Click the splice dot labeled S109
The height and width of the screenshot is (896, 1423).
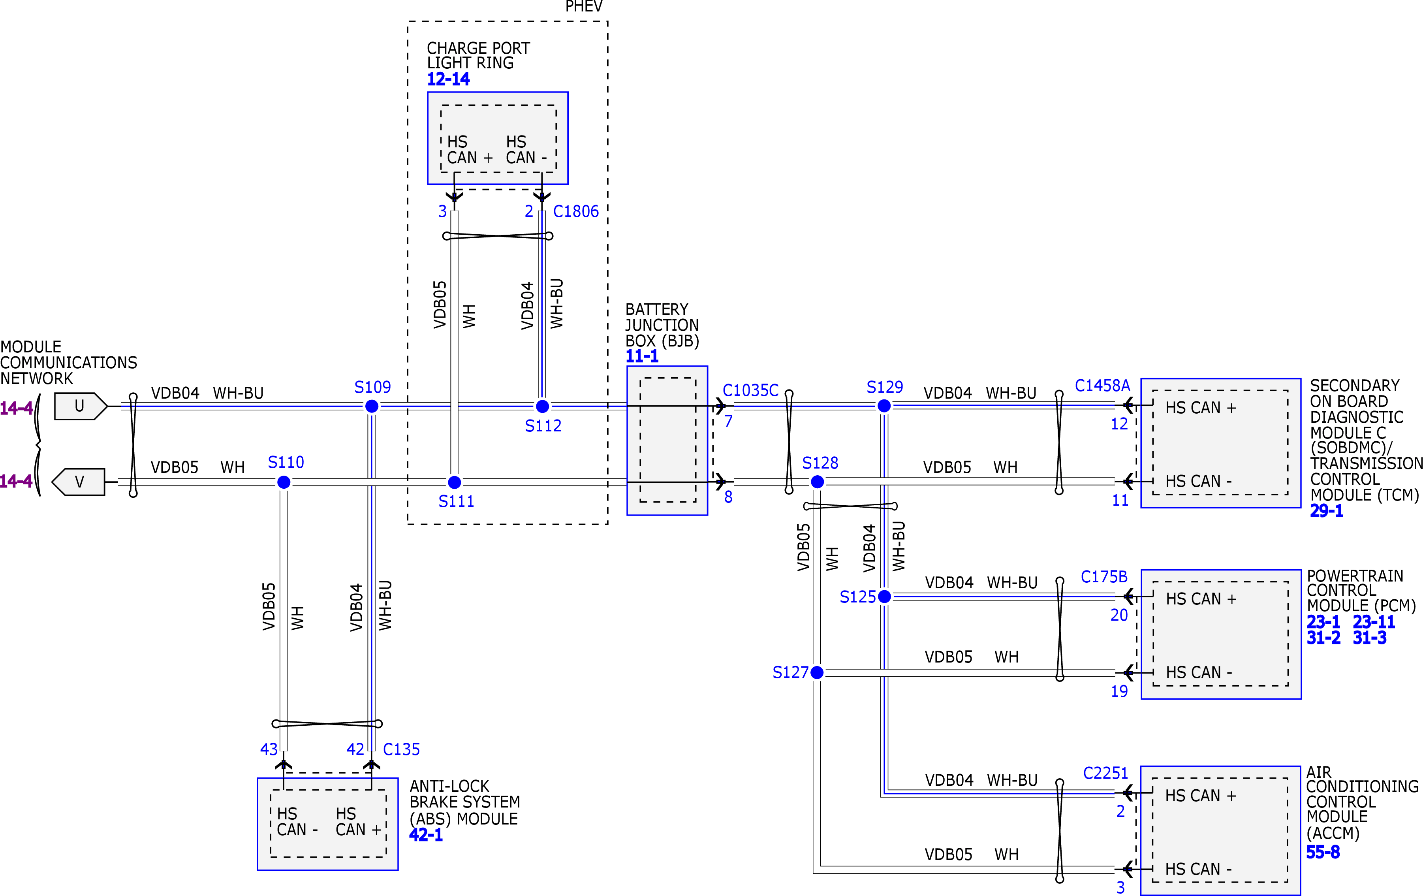(x=372, y=406)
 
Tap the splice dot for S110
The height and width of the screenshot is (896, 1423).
(x=284, y=482)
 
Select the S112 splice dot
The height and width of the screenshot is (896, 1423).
(x=542, y=406)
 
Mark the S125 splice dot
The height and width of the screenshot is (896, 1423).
(x=884, y=597)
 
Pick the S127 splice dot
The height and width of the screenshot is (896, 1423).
(x=817, y=672)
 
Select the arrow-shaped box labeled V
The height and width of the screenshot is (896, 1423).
(x=79, y=482)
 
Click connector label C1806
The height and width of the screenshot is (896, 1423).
(x=575, y=212)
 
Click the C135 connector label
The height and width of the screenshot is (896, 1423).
(x=401, y=749)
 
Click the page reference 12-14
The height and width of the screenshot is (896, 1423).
(x=448, y=79)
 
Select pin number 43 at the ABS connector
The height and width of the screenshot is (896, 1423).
(x=269, y=749)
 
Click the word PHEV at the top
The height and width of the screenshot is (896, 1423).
(x=584, y=6)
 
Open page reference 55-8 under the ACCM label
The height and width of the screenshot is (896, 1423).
(x=1323, y=852)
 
